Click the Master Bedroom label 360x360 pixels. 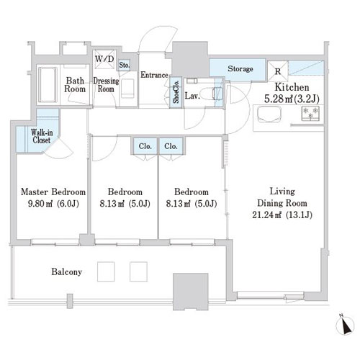pyautogui.click(x=53, y=192)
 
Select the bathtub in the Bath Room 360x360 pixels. pyautogui.click(x=48, y=84)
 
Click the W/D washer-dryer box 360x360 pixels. pyautogui.click(x=104, y=59)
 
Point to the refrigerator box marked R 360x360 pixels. pyautogui.click(x=278, y=71)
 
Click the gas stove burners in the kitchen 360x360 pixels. pyautogui.click(x=310, y=113)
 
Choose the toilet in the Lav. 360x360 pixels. pyautogui.click(x=211, y=94)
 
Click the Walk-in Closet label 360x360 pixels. pyautogui.click(x=42, y=136)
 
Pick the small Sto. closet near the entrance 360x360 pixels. pyautogui.click(x=125, y=65)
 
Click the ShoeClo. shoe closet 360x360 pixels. pyautogui.click(x=176, y=92)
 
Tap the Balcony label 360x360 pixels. pyautogui.click(x=67, y=272)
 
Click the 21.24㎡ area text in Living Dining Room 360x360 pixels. pyautogui.click(x=266, y=215)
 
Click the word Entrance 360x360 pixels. pyautogui.click(x=154, y=75)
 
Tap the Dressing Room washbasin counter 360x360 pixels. pyautogui.click(x=127, y=89)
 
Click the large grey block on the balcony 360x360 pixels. pyautogui.click(x=191, y=292)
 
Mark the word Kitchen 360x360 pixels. pyautogui.click(x=292, y=87)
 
